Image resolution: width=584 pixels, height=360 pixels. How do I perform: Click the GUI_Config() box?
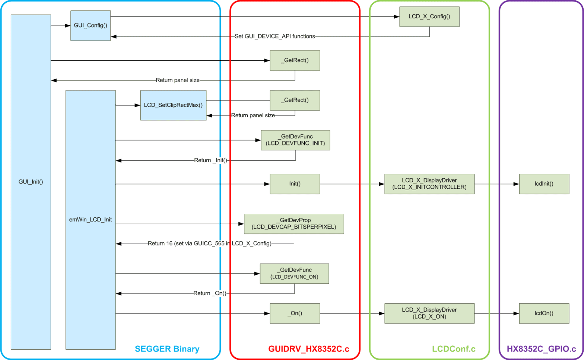pyautogui.click(x=91, y=26)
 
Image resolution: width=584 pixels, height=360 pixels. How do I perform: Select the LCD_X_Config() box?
pyautogui.click(x=429, y=17)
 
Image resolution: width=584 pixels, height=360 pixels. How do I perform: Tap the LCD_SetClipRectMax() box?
pyautogui.click(x=173, y=105)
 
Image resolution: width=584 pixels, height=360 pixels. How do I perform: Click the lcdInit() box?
pyautogui.click(x=544, y=184)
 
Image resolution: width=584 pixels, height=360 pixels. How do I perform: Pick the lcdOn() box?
pyautogui.click(x=544, y=313)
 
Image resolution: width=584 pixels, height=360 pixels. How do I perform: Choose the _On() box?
pyautogui.click(x=295, y=313)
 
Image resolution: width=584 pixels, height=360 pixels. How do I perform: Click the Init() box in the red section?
pyautogui.click(x=295, y=184)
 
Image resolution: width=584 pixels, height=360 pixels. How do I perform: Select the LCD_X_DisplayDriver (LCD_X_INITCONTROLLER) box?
pyautogui.click(x=429, y=184)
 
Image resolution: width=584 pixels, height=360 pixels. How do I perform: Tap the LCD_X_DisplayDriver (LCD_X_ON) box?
pyautogui.click(x=429, y=313)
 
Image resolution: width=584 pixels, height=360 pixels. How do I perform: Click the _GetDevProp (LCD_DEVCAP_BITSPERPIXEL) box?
pyautogui.click(x=293, y=224)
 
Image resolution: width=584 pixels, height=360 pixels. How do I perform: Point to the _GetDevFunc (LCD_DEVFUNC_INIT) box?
pyautogui.click(x=295, y=140)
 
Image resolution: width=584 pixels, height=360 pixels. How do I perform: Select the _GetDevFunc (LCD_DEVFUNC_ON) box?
pyautogui.click(x=294, y=274)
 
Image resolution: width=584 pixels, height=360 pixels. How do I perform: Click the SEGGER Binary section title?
pyautogui.click(x=167, y=349)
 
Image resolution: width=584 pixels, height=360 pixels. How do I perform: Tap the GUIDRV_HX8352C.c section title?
pyautogui.click(x=308, y=349)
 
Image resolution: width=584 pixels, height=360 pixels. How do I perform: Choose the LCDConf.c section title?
pyautogui.click(x=453, y=349)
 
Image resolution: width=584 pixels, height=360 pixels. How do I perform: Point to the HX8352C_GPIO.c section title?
pyautogui.click(x=541, y=349)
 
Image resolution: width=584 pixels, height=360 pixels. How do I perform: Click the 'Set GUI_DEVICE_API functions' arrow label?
pyautogui.click(x=274, y=36)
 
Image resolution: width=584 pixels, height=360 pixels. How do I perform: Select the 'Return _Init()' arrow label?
pyautogui.click(x=210, y=160)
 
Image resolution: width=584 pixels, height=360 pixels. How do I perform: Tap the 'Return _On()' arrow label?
pyautogui.click(x=210, y=293)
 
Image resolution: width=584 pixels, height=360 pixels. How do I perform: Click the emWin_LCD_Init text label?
pyautogui.click(x=91, y=220)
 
